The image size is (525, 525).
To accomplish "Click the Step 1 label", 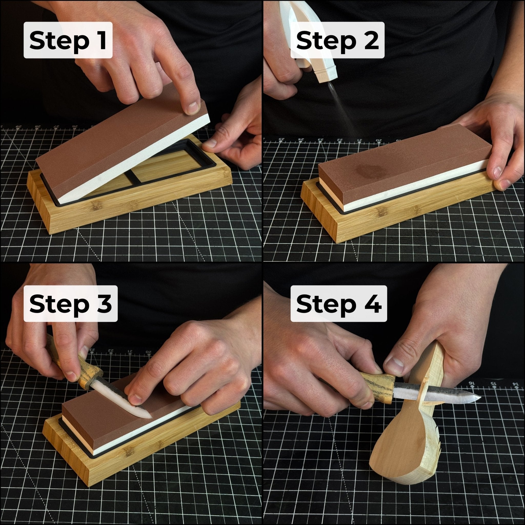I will (68, 40).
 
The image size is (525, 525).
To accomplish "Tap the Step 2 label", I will (337, 40).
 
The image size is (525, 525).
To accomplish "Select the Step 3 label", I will (70, 304).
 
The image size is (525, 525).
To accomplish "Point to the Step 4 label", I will (339, 304).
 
